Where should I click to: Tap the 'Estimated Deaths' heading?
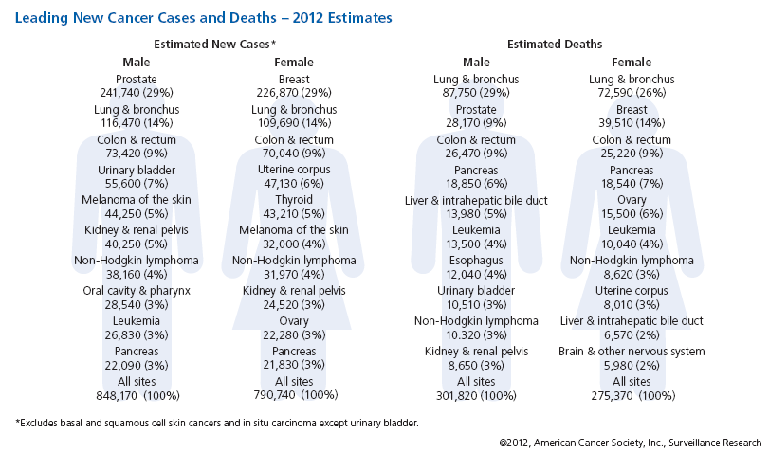555,45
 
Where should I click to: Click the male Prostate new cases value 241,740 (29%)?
137,93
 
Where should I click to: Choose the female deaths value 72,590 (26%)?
632,93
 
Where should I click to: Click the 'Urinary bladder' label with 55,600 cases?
137,170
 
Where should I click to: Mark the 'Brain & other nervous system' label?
632,352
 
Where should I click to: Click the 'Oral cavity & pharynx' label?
137,291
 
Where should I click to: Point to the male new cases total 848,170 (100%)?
137,395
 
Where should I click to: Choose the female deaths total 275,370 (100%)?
632,395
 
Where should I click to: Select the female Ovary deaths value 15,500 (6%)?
632,215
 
